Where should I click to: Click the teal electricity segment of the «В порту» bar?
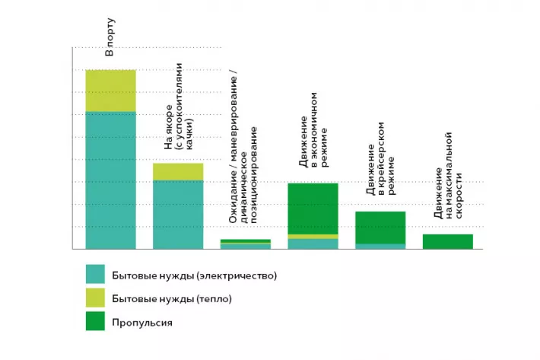tap(110, 180)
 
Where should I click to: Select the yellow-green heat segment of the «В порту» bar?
tap(110, 91)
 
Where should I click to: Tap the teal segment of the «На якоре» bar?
tap(178, 215)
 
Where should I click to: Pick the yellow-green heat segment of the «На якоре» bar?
tap(178, 172)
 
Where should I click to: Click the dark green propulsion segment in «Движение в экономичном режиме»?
tap(313, 209)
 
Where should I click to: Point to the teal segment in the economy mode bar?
tap(313, 244)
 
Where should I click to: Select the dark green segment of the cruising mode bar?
tap(380, 228)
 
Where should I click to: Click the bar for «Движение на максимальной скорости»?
tap(448, 241)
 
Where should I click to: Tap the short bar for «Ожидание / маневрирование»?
tap(246, 244)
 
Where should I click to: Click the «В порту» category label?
tap(110, 37)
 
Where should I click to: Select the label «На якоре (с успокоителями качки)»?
tap(179, 106)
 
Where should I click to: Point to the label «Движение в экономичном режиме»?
tap(313, 129)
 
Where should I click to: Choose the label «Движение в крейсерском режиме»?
tap(380, 158)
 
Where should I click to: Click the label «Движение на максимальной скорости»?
tap(448, 175)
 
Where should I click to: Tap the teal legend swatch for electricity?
tap(95, 274)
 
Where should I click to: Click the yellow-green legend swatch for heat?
tap(95, 298)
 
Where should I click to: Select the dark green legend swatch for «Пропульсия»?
tap(95, 321)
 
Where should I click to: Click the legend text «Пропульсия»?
tap(142, 323)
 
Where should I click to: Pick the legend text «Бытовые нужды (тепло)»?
tap(172, 298)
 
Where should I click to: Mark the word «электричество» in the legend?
tap(236, 276)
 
